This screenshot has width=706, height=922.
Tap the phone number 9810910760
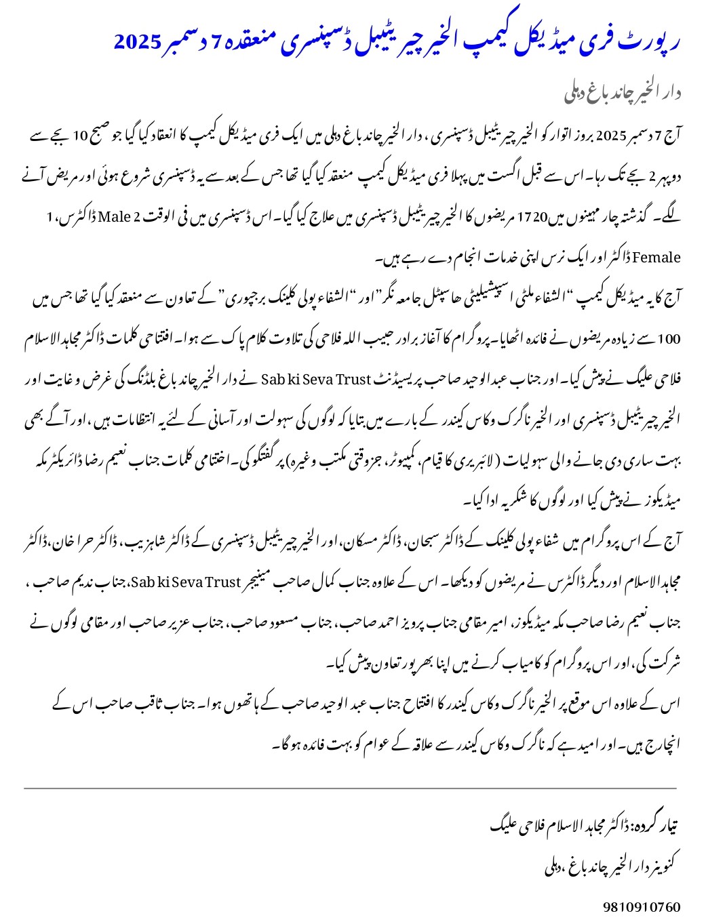point(641,906)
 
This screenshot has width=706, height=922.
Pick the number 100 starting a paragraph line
point(668,338)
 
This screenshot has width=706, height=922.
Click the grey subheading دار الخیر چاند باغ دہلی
point(622,94)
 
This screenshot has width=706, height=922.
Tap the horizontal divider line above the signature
point(350,788)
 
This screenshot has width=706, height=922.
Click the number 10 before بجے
point(80,136)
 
